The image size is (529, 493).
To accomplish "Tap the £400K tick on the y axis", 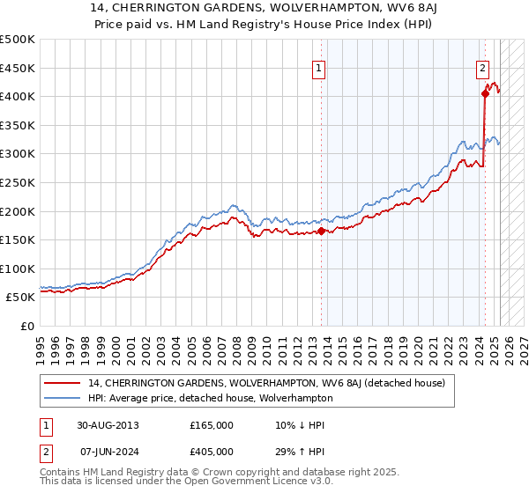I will tap(18, 96).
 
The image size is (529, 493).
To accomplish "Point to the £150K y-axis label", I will tap(18, 239).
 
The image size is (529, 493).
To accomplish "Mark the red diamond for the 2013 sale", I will tap(321, 232).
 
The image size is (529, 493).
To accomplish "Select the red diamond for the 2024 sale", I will tap(485, 93).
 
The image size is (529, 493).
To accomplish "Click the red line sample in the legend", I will tap(63, 383).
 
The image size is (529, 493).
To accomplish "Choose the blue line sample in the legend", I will tap(63, 398).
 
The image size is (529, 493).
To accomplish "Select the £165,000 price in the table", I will tap(212, 424).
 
